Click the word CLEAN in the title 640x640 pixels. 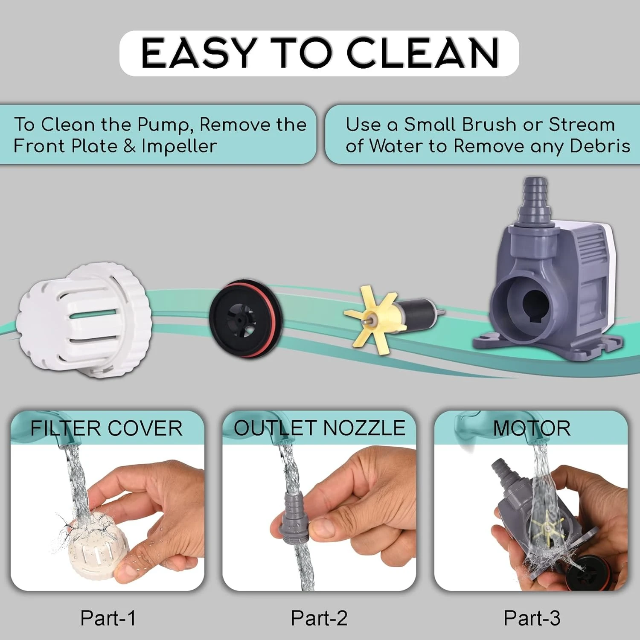tap(423, 53)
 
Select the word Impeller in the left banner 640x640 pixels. tap(179, 146)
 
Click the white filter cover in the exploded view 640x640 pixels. tap(84, 320)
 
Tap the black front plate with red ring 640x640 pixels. tap(246, 318)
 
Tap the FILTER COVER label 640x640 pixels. tap(106, 428)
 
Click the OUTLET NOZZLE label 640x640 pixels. tap(320, 428)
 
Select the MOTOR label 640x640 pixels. tap(532, 428)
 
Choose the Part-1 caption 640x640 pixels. tap(108, 618)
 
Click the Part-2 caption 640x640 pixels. tap(319, 618)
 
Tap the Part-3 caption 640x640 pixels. tap(532, 618)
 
